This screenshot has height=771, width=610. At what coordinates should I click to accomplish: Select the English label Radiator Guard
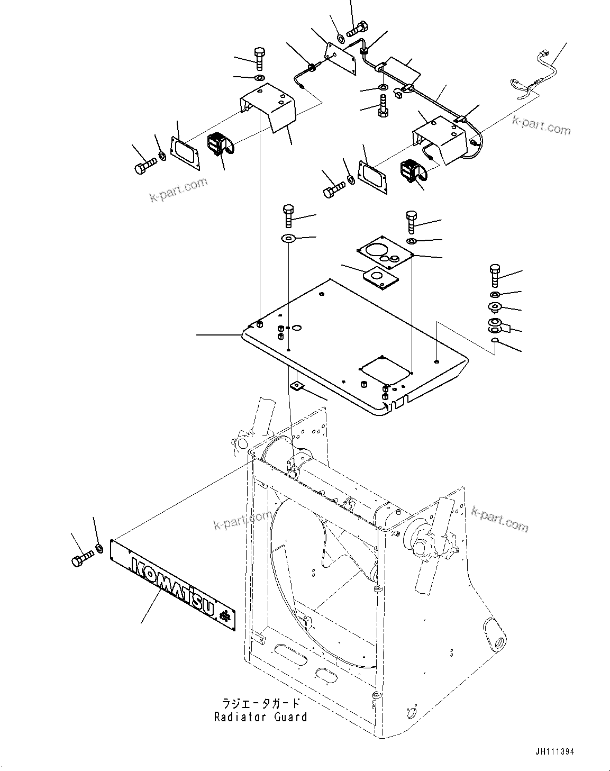(x=260, y=717)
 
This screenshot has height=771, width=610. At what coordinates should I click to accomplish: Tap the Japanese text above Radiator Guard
(x=261, y=703)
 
